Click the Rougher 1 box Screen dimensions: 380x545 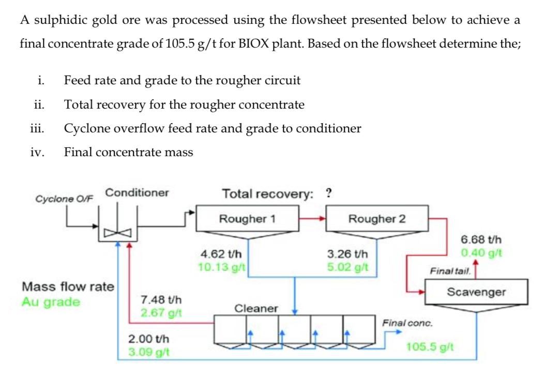click(x=247, y=219)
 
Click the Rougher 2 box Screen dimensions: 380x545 click(x=377, y=219)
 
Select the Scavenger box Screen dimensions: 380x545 click(x=476, y=292)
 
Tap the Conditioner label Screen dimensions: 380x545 click(x=137, y=193)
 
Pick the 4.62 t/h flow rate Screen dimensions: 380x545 click(x=218, y=255)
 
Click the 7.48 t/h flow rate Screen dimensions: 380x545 click(x=159, y=300)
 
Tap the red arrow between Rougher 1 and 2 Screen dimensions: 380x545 click(x=312, y=218)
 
